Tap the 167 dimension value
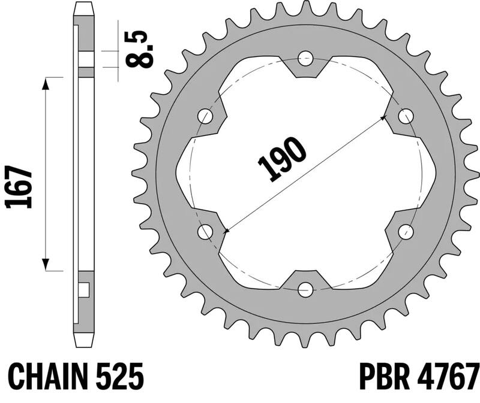(x=19, y=187)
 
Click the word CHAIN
(x=47, y=377)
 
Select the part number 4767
(x=447, y=377)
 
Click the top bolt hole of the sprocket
(x=306, y=59)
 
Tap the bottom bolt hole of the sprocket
(x=306, y=290)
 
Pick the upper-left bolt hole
(x=206, y=116)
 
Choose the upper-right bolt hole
(x=406, y=116)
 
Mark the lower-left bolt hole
(x=206, y=232)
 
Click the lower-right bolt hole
(x=406, y=232)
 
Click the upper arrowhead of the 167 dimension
(x=46, y=84)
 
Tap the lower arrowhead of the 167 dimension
(x=46, y=265)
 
